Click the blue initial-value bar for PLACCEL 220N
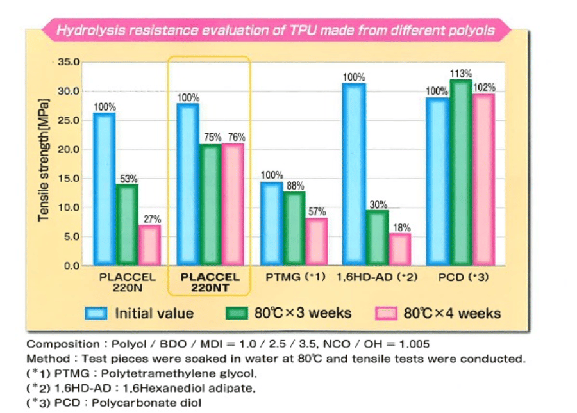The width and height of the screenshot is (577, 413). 104,189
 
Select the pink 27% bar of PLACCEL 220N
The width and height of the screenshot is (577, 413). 149,245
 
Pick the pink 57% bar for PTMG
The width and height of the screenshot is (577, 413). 316,241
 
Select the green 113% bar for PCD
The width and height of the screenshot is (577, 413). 460,172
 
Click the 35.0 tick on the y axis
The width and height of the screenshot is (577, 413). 67,63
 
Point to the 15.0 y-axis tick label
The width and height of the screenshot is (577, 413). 67,179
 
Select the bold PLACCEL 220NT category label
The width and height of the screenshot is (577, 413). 210,282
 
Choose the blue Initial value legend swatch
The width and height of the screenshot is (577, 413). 97,313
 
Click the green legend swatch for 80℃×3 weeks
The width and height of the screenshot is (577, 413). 237,313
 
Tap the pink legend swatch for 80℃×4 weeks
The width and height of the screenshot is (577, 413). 385,313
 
